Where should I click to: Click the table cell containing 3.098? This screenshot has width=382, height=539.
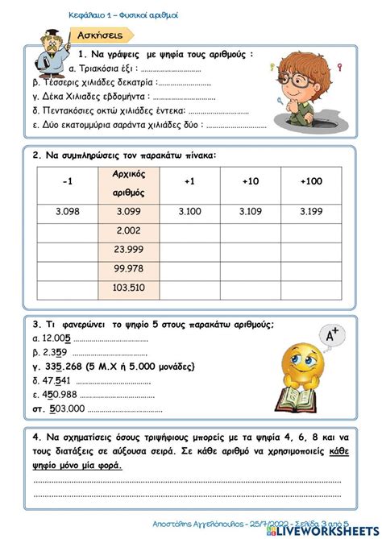[66, 210]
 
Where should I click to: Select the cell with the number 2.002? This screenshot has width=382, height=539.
[129, 230]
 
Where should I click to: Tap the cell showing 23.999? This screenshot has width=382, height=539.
[129, 249]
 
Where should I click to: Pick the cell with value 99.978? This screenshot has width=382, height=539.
[129, 267]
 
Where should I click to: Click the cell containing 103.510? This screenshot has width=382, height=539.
[129, 286]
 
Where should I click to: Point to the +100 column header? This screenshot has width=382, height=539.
[310, 182]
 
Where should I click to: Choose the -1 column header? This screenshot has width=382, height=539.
[66, 182]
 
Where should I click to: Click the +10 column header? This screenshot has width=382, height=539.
[249, 182]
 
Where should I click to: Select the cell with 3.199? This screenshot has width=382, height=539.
[310, 210]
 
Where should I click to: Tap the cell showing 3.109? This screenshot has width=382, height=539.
[249, 210]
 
